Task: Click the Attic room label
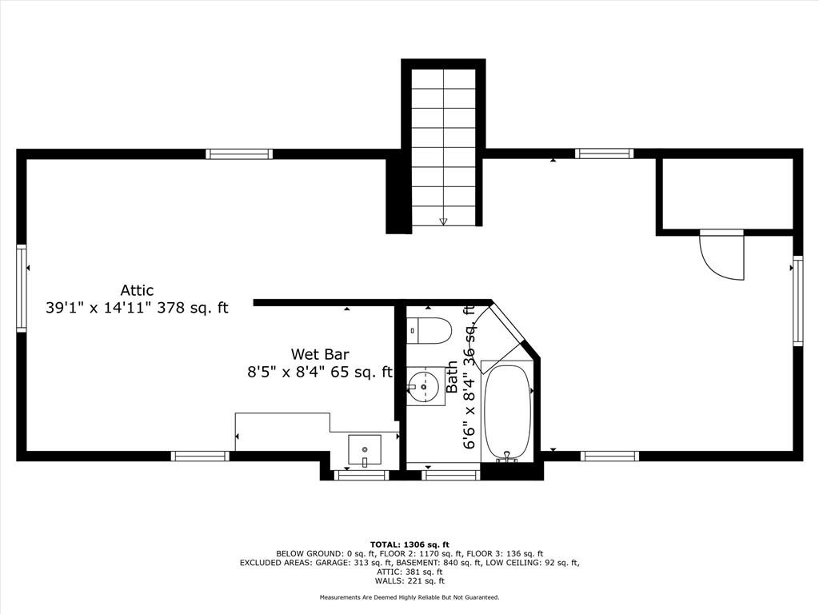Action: (138, 289)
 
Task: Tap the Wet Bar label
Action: (320, 354)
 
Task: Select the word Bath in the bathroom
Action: (452, 377)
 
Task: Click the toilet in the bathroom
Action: (429, 331)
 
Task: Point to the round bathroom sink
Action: (424, 386)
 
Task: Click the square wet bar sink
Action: (365, 450)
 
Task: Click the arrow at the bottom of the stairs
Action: (443, 221)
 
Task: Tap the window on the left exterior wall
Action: (22, 288)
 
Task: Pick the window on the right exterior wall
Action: (797, 301)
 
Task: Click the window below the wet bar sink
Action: (362, 475)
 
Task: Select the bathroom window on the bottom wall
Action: (451, 475)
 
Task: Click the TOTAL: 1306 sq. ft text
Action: (409, 544)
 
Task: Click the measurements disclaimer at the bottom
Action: (409, 597)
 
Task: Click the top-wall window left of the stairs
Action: (239, 154)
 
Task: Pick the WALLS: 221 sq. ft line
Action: (409, 581)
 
